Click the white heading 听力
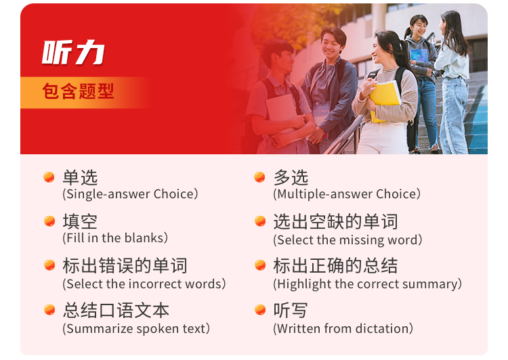[x=73, y=52]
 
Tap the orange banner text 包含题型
[x=78, y=91]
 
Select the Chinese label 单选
[x=80, y=177]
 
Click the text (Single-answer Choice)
[x=130, y=194]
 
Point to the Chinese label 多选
[x=291, y=177]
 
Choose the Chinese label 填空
[x=80, y=221]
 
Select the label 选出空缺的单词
[x=335, y=221]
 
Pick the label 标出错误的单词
[x=125, y=265]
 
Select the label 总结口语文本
[x=116, y=310]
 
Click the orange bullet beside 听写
[x=260, y=309]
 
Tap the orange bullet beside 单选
[x=49, y=177]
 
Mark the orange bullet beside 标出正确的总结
[x=260, y=265]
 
